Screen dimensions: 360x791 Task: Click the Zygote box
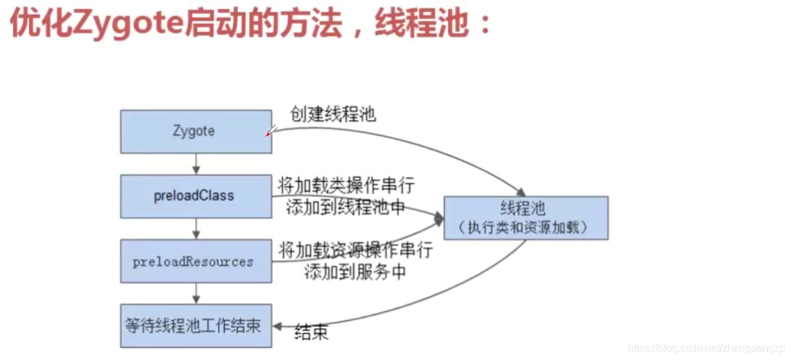tap(195, 131)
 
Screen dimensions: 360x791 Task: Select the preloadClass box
tap(195, 196)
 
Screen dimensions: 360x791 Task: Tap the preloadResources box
tap(195, 261)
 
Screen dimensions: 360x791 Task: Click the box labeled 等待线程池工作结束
tap(195, 325)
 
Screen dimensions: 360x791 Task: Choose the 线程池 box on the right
tap(525, 218)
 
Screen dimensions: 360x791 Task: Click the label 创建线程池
tap(332, 115)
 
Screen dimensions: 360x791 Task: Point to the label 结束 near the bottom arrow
tap(311, 332)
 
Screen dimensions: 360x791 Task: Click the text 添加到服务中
tap(355, 272)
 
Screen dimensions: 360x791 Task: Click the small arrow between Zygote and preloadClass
tap(195, 164)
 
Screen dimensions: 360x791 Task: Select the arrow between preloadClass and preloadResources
tap(195, 228)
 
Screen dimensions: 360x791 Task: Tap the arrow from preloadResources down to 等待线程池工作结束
tap(195, 293)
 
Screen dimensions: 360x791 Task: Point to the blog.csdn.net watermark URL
tap(707, 348)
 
